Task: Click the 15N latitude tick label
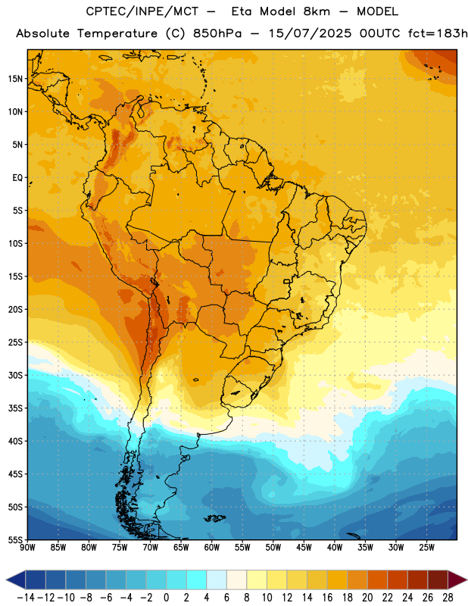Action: (x=15, y=79)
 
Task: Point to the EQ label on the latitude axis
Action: (x=17, y=178)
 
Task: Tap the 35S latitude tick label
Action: (x=15, y=408)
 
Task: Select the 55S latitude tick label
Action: (x=15, y=539)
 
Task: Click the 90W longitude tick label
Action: (x=27, y=548)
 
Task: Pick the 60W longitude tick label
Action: (x=212, y=548)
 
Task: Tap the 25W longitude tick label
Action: (x=426, y=548)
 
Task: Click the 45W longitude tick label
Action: (x=304, y=548)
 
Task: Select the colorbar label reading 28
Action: (x=448, y=598)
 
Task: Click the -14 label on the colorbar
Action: (x=26, y=598)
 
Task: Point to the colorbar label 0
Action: (x=166, y=598)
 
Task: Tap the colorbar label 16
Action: (x=327, y=598)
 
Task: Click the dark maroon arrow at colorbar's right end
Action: (x=457, y=579)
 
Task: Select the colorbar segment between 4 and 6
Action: (x=217, y=579)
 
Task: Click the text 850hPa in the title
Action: (x=217, y=33)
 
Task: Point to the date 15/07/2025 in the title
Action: (x=310, y=33)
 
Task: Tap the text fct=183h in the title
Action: (x=438, y=33)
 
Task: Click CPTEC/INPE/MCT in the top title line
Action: (x=142, y=11)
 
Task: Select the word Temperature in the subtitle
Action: (x=117, y=34)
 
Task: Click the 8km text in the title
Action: (x=317, y=11)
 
